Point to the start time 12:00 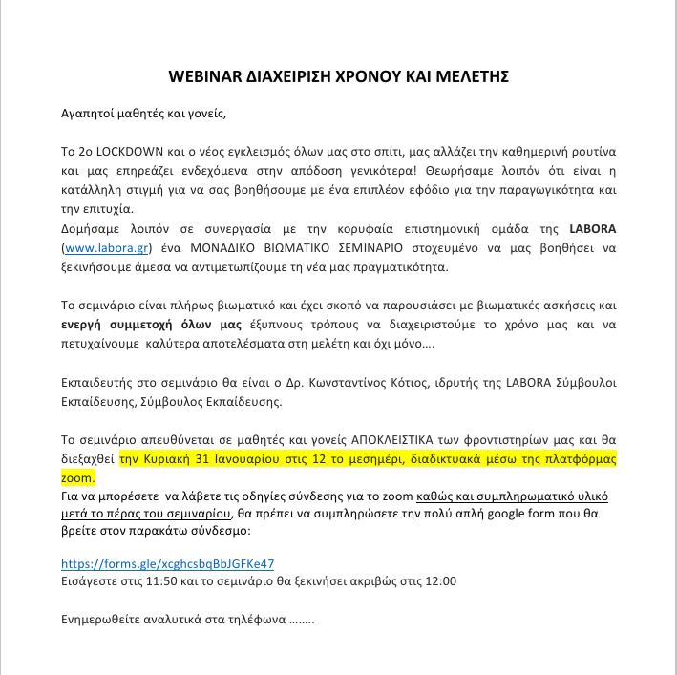(440, 580)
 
